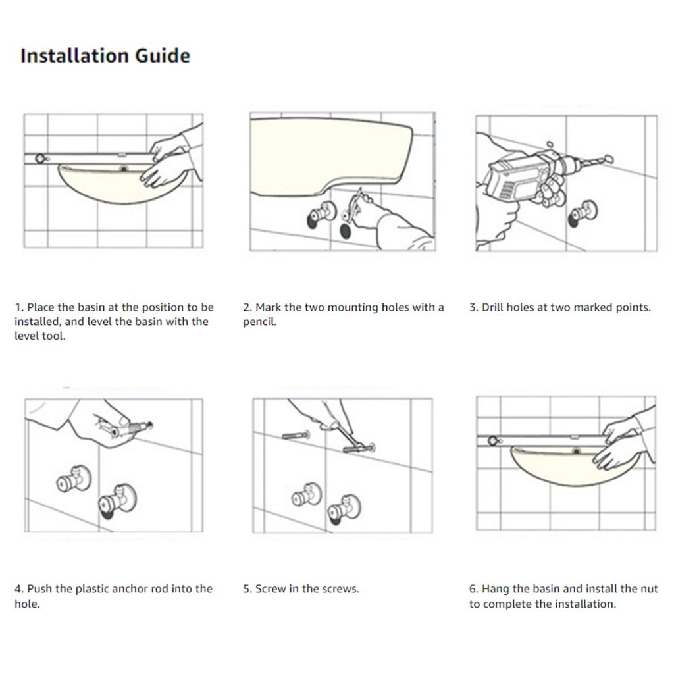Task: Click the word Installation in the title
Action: (75, 56)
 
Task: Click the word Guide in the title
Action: (163, 56)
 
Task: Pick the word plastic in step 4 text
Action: (93, 589)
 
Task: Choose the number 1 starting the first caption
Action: (18, 307)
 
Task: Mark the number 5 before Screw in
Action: (246, 589)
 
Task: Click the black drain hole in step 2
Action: (345, 231)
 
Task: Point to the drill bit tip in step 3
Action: (609, 159)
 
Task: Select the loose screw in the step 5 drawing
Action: (296, 436)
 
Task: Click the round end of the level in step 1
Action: (40, 159)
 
